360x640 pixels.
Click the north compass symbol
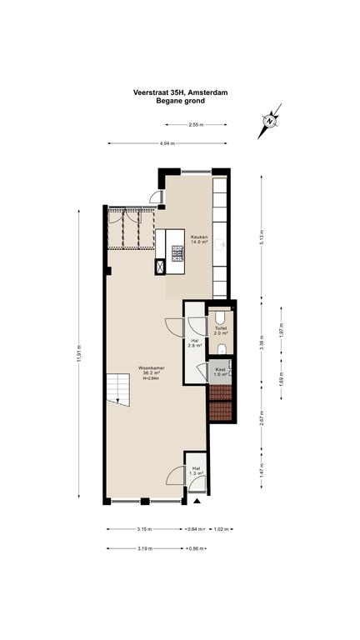tap(269, 121)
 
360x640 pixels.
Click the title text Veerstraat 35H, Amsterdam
tap(180, 92)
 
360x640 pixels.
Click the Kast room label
tap(220, 371)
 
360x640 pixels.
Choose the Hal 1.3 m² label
tap(197, 471)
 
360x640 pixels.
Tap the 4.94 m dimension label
tap(167, 143)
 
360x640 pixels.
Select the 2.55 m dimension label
tap(196, 125)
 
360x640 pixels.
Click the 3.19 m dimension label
tap(145, 548)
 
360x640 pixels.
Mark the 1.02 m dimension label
tap(221, 529)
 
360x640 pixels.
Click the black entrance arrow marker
tap(197, 501)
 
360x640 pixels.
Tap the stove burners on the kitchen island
tap(178, 253)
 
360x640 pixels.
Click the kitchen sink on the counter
tap(220, 244)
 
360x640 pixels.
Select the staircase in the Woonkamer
tap(118, 390)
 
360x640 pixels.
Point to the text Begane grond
tap(180, 101)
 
